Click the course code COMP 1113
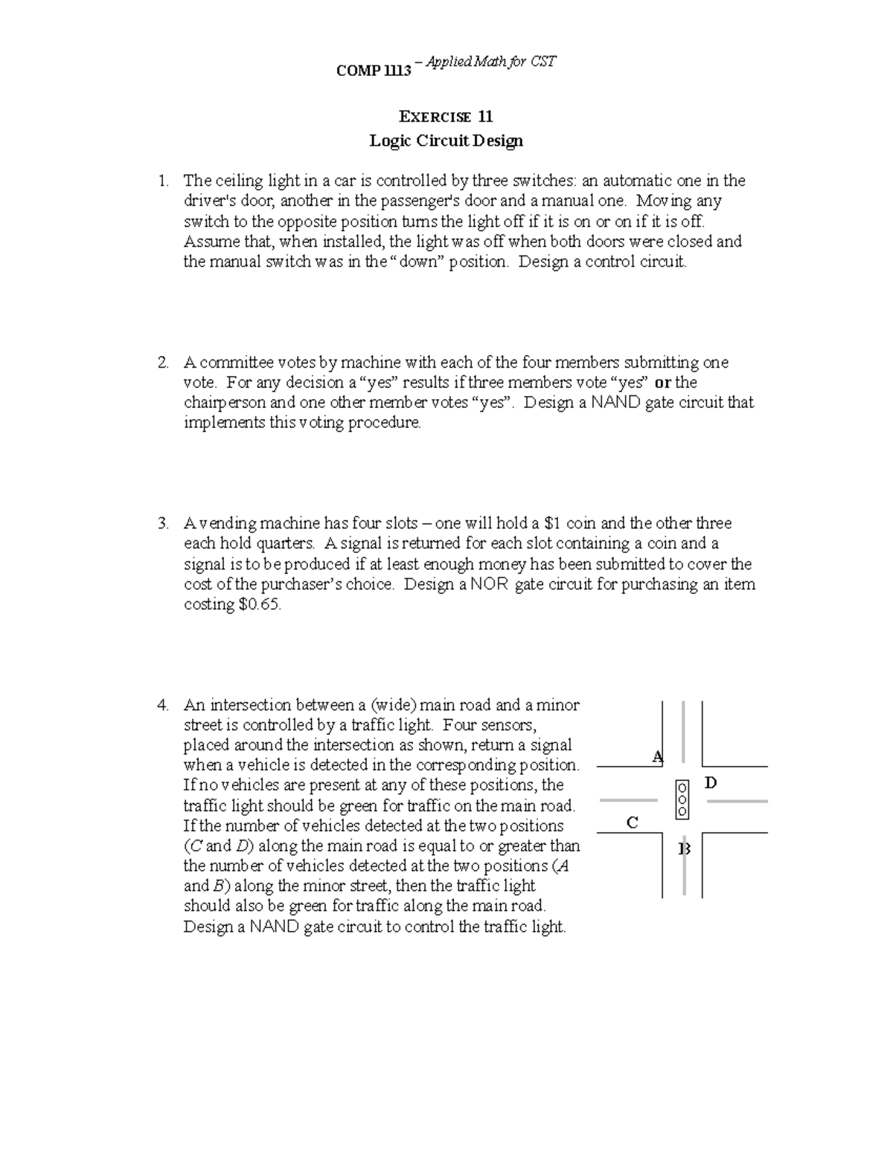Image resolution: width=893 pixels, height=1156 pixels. (x=373, y=71)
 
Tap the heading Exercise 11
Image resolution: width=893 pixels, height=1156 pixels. (x=446, y=117)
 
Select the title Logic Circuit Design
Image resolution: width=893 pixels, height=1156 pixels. (x=446, y=141)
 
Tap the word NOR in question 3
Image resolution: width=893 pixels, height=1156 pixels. (x=490, y=584)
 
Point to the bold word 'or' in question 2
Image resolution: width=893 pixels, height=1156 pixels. (x=662, y=383)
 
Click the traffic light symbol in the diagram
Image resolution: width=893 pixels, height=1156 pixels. (x=682, y=799)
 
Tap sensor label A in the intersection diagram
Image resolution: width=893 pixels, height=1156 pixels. (x=657, y=757)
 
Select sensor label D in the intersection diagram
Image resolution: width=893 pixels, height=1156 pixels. (x=711, y=782)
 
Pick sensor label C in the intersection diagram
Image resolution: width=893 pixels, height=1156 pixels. (x=632, y=823)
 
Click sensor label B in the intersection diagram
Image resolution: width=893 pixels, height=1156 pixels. (x=685, y=849)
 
